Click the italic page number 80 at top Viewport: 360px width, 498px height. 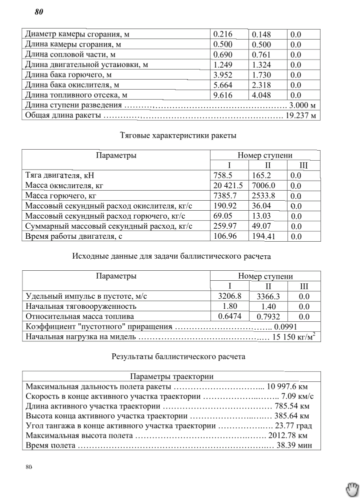39,13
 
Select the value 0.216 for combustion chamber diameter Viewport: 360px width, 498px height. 223,35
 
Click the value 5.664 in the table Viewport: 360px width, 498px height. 223,85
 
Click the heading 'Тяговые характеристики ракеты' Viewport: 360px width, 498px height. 178,135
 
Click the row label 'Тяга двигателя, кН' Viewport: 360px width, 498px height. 59,176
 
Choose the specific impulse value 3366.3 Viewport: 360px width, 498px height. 268,297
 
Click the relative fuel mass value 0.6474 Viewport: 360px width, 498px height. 229,316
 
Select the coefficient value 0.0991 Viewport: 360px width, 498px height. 285,327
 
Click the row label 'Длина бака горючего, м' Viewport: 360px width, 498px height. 68,75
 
